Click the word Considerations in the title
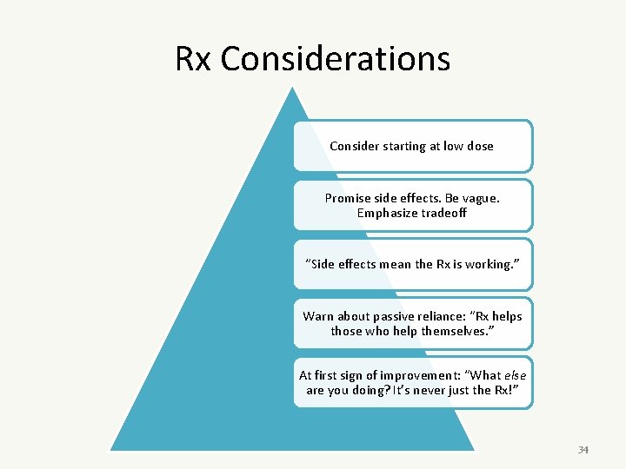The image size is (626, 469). coord(336,59)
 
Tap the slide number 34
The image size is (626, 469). coord(583,450)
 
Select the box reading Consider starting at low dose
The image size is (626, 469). coord(412,146)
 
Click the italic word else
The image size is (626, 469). coord(516,375)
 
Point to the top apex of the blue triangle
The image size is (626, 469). coord(294,88)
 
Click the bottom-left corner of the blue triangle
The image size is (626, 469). coord(111,449)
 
